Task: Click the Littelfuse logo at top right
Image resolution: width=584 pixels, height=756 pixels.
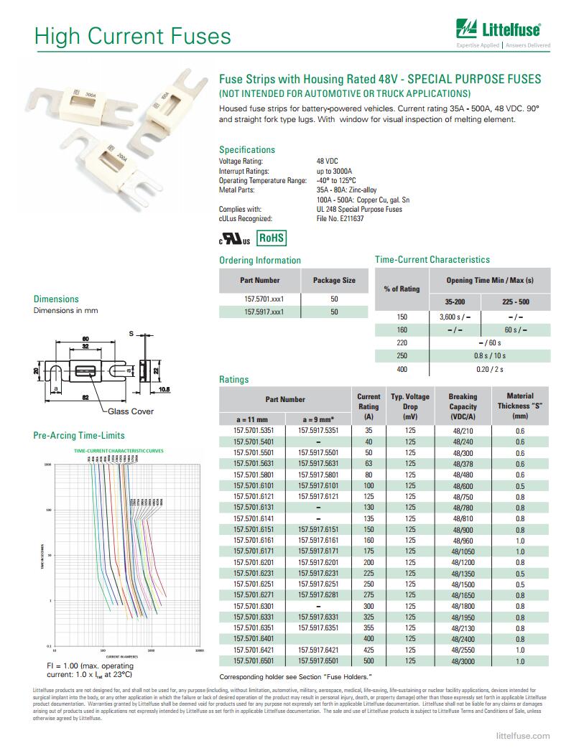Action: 502,32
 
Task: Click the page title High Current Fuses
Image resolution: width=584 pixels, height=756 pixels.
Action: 133,36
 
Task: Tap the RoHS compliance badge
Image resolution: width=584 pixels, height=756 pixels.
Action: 272,238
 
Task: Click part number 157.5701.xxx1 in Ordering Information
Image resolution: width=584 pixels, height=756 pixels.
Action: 259,298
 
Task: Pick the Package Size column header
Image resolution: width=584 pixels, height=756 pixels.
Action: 334,280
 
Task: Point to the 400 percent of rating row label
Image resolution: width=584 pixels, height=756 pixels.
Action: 402,369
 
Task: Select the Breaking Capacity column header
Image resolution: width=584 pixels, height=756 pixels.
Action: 463,406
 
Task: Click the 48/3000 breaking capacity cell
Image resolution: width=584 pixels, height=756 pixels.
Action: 463,661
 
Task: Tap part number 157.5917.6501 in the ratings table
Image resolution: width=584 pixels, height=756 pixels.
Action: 318,661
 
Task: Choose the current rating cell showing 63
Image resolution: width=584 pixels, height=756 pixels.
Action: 369,464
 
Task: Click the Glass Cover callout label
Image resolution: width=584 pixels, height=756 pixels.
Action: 131,411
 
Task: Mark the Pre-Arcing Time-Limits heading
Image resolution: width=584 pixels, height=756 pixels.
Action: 79,435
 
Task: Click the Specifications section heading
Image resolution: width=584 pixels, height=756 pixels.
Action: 247,149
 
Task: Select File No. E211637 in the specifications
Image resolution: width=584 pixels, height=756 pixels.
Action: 340,218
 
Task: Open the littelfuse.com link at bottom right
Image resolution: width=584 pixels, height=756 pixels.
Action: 523,736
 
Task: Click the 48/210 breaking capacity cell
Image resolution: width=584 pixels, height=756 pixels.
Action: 463,431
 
